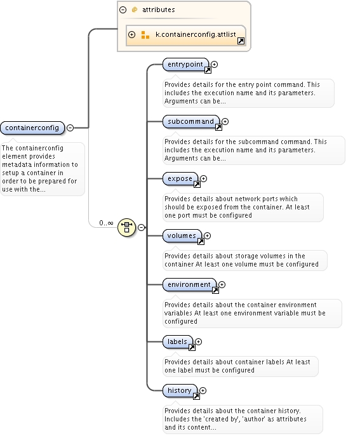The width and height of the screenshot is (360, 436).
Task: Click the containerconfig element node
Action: click(x=32, y=128)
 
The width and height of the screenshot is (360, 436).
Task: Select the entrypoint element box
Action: click(x=185, y=65)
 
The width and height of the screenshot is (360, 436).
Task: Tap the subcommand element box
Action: click(x=191, y=121)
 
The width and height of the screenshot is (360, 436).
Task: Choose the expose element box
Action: click(x=180, y=178)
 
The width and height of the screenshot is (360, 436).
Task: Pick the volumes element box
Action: click(x=182, y=236)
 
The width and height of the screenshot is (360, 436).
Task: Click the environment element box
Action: click(x=189, y=285)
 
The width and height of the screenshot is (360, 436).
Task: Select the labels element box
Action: click(x=178, y=341)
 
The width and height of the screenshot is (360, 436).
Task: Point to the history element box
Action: click(x=180, y=391)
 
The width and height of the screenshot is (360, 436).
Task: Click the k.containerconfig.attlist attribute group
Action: click(x=186, y=36)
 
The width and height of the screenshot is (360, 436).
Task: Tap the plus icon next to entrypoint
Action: click(x=214, y=65)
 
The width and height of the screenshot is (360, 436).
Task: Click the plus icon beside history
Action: click(x=203, y=391)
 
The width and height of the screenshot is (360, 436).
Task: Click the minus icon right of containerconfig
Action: click(x=70, y=128)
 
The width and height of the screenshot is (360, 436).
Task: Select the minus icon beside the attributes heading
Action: click(x=123, y=10)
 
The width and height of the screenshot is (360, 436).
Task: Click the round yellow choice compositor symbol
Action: click(x=126, y=227)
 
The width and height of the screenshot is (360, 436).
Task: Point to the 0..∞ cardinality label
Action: click(x=106, y=223)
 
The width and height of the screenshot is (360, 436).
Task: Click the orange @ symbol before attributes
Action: click(x=135, y=10)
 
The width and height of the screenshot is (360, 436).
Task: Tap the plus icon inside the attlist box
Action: click(x=131, y=34)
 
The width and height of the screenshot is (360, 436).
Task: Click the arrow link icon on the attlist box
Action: click(x=241, y=41)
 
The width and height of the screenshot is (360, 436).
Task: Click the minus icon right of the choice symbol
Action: click(x=142, y=227)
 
